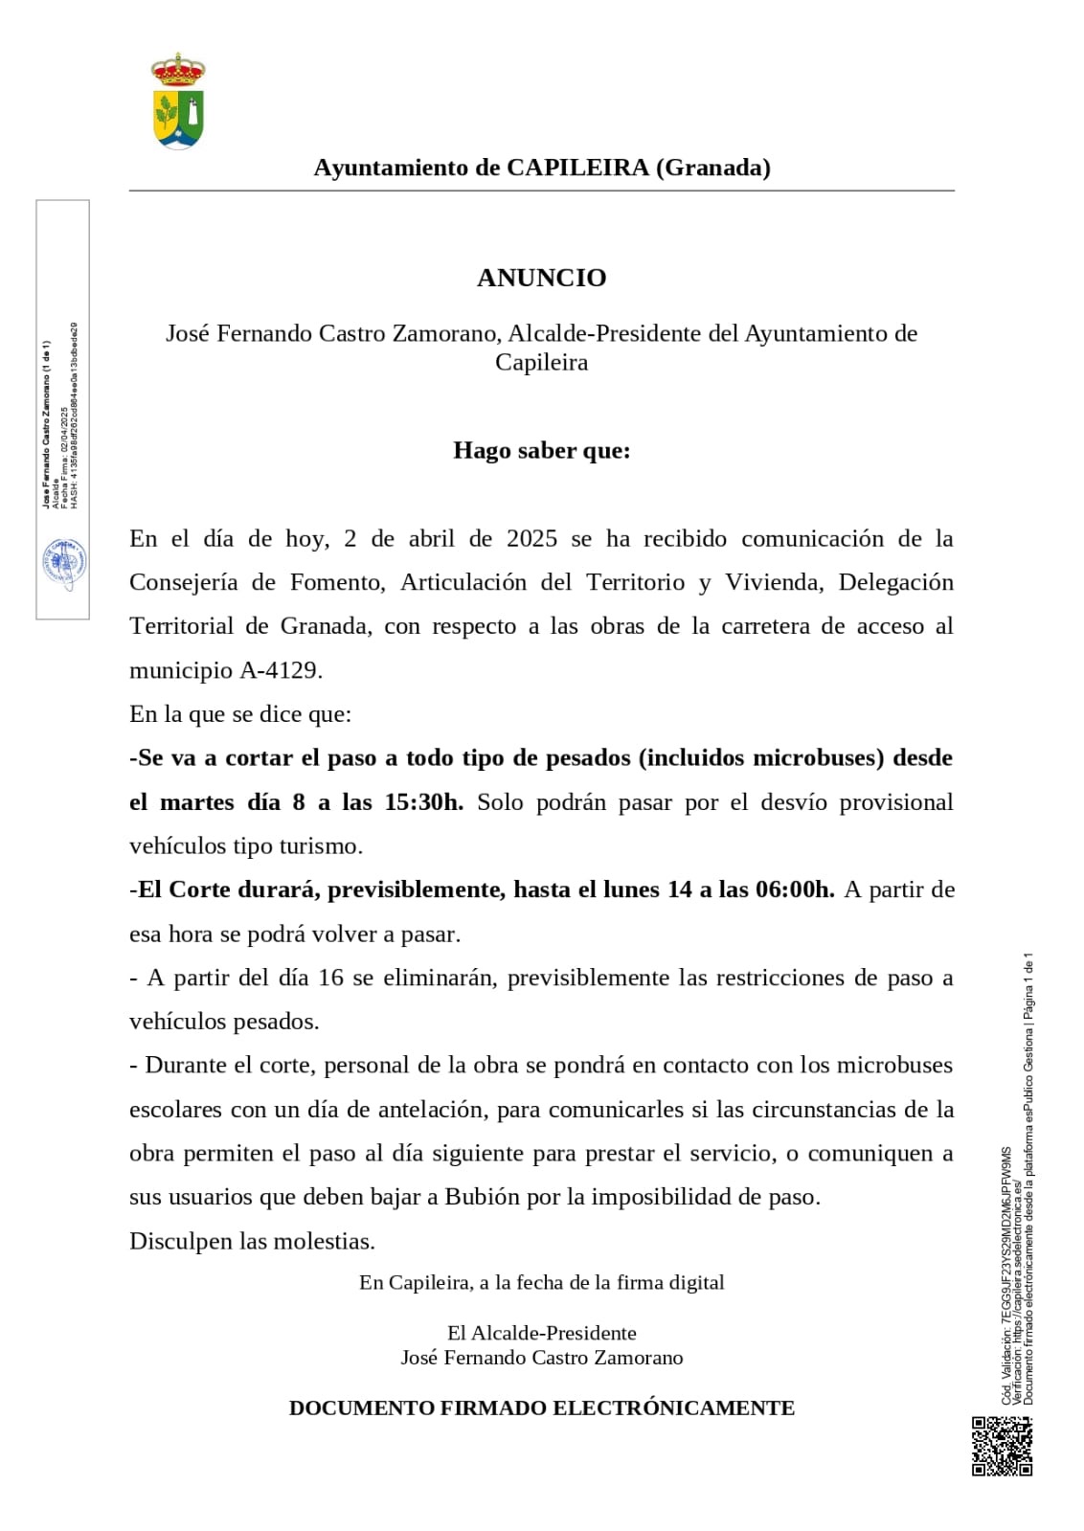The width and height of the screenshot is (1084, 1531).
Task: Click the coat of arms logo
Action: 178,102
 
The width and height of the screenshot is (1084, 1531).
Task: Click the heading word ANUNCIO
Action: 542,278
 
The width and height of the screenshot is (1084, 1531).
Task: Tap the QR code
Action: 1003,1447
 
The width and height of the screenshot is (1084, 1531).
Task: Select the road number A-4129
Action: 281,670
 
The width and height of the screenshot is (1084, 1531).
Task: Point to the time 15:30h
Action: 423,802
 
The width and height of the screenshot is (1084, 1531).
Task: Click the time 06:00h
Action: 795,889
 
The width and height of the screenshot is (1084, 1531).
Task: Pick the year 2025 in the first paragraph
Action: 531,538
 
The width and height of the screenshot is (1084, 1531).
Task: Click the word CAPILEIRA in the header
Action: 577,168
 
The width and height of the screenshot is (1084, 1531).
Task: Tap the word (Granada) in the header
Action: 713,168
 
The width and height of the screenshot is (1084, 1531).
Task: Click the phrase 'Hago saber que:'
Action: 542,450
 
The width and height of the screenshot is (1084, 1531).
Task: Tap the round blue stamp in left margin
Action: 63,566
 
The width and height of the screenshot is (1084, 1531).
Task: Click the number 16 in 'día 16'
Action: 330,978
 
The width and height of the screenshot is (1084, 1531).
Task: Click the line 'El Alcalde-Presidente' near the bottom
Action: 542,1333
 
